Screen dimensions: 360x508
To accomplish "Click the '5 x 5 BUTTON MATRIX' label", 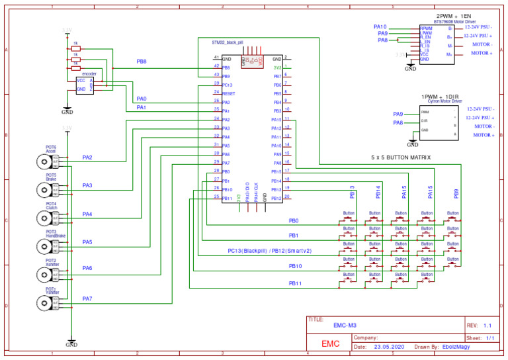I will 401,158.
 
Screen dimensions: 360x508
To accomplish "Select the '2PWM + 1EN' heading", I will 454,15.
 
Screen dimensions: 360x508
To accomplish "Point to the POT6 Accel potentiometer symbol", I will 44,161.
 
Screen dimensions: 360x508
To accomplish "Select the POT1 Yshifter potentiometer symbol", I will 44,302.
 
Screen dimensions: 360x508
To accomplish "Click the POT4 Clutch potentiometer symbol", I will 44,218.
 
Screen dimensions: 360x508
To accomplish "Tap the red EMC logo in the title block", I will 331,344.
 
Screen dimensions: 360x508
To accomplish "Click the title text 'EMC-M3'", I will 345,326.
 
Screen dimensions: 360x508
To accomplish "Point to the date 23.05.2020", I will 390,346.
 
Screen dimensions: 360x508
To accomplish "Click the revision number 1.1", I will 487,326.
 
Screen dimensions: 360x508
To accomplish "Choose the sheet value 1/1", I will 490,337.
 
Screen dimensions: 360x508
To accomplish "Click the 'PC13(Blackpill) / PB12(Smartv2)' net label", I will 269,251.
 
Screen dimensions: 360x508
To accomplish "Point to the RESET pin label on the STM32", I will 228,94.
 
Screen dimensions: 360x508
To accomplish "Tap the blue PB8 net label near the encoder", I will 142,62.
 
